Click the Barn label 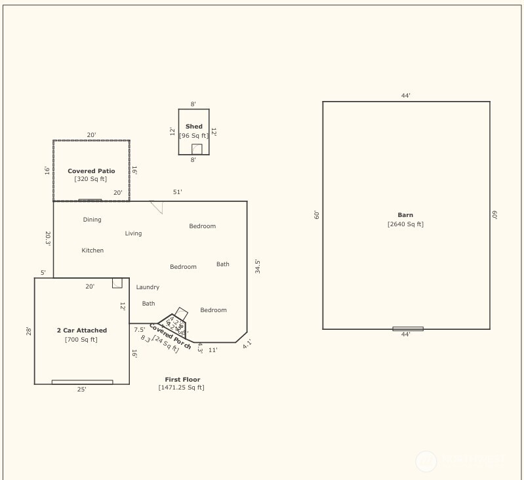pos(405,215)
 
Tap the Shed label pos(193,127)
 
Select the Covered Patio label pos(91,171)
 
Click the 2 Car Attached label pos(81,330)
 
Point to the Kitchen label pos(92,250)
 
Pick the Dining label pos(92,220)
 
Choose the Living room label pos(133,233)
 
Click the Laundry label pos(148,287)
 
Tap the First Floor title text pos(182,380)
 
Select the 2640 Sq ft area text pos(405,224)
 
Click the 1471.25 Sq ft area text pos(181,388)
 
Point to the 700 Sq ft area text pos(81,340)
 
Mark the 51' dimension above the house pos(178,192)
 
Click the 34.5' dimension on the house pos(257,266)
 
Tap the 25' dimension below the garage pos(81,390)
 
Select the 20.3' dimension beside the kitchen pos(47,238)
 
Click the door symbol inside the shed pos(197,150)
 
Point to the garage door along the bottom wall pos(82,382)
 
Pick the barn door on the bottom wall pos(407,329)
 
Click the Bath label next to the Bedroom pos(223,264)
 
